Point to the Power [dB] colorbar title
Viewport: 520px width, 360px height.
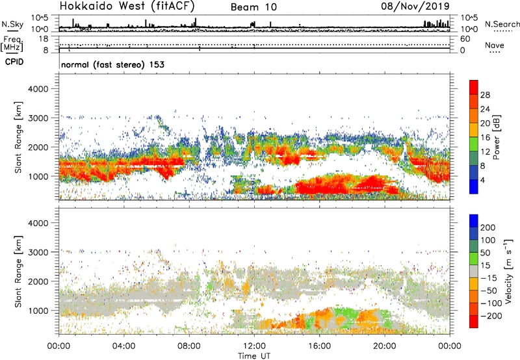pos(506,136)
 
